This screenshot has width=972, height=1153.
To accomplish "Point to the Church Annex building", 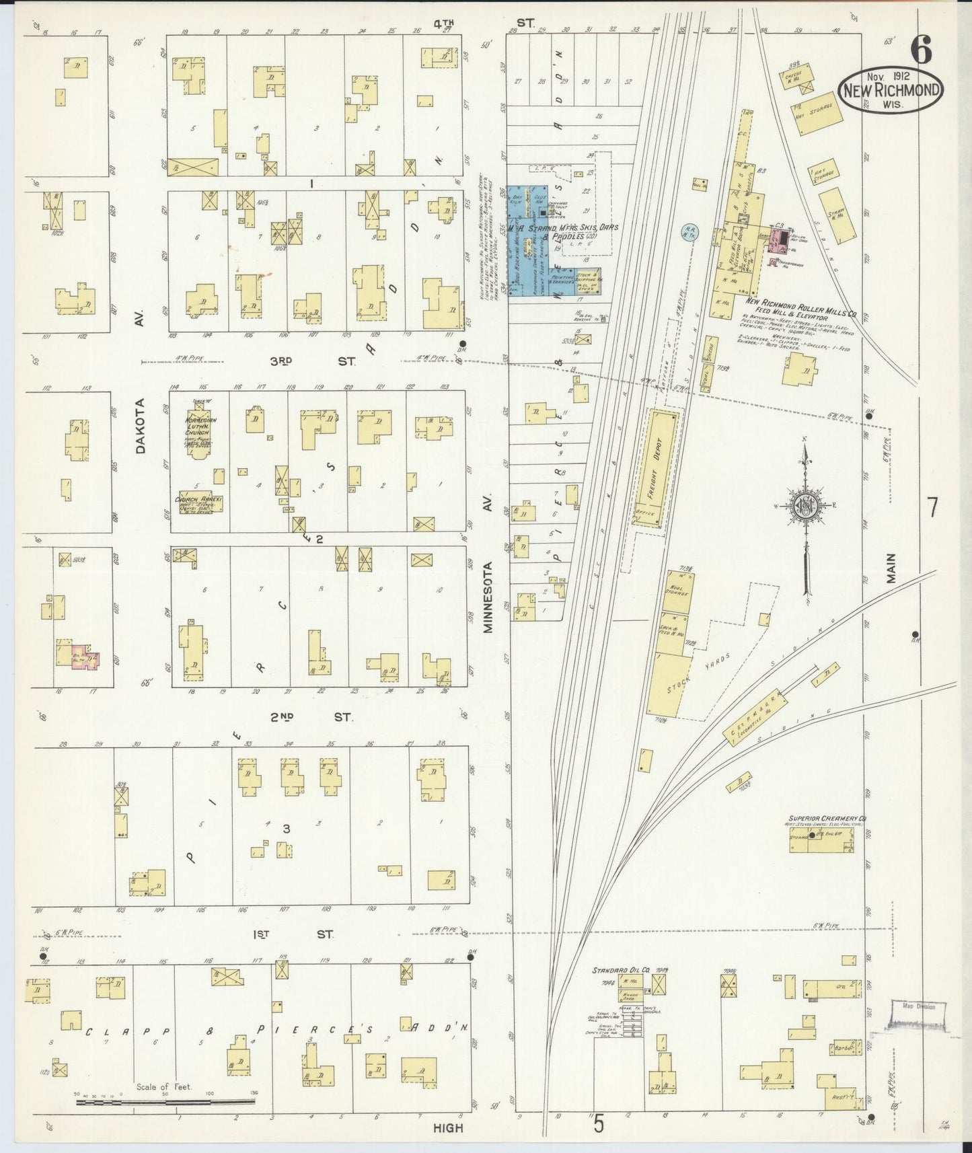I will [194, 503].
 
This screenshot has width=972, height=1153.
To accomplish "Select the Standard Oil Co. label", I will [620, 971].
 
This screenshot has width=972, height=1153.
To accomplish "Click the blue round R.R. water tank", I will [690, 233].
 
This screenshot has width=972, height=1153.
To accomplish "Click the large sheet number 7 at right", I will [932, 507].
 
